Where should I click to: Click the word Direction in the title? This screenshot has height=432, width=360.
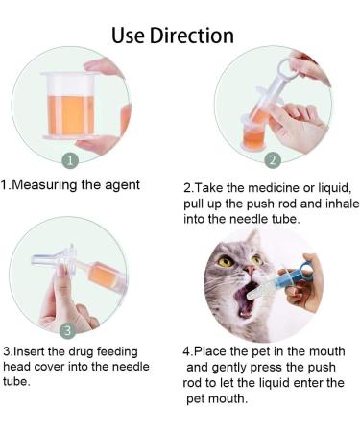(192, 35)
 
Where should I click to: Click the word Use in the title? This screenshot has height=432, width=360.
(128, 36)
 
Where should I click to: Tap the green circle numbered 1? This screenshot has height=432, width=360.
(70, 160)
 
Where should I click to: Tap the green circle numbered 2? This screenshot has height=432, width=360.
(273, 160)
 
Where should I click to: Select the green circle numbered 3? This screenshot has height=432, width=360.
(68, 330)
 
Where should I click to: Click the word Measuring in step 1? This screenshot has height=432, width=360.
(44, 185)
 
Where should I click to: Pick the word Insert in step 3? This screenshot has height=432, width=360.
(29, 351)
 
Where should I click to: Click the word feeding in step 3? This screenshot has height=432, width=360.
(117, 352)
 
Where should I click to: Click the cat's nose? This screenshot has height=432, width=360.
(251, 271)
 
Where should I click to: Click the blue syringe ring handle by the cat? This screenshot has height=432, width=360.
(306, 269)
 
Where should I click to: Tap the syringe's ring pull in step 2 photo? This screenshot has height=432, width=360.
(285, 67)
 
